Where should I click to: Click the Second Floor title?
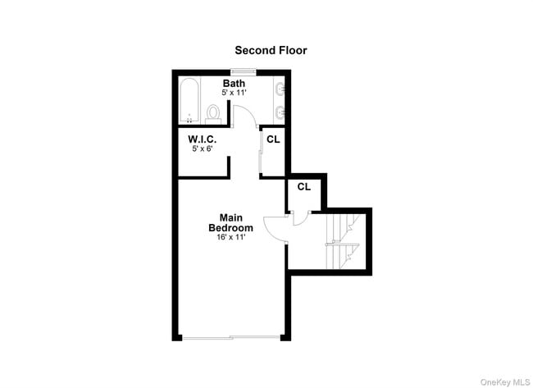coord(271,50)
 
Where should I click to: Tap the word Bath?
coord(234,84)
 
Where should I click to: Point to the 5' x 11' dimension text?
coord(234,94)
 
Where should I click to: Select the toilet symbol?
coord(212,112)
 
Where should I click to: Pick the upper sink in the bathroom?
coord(280,88)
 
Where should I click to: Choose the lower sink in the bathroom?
coord(280,112)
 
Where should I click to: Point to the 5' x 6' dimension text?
coord(202,148)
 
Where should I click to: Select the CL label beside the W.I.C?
coord(272,139)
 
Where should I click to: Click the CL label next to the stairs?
coord(303,187)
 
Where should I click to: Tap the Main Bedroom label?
coord(230,223)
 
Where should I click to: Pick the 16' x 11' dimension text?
coord(230,237)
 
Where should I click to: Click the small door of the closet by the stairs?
coord(299,217)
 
